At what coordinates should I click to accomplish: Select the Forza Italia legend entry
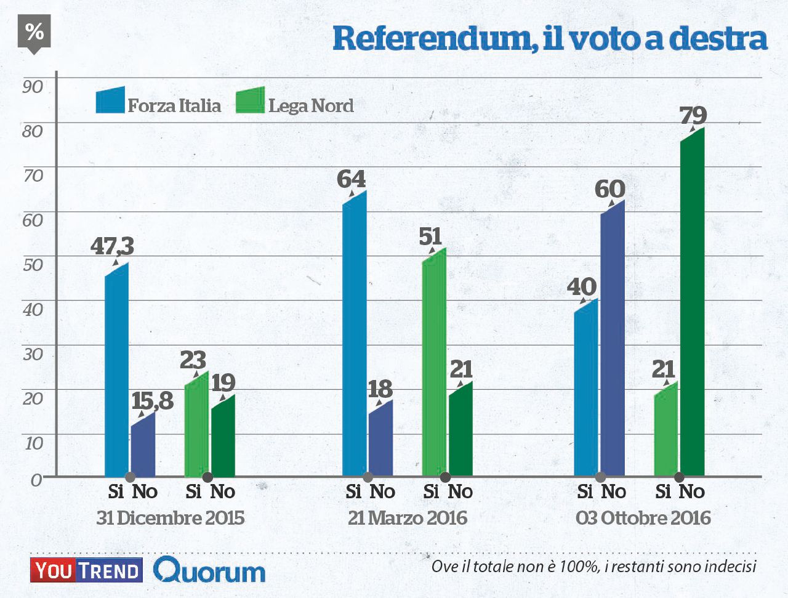point(158,103)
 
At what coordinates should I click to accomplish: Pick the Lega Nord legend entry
point(295,103)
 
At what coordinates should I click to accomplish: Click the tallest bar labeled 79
point(692,302)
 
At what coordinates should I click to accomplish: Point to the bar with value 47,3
point(116,370)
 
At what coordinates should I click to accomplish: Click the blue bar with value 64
point(354,333)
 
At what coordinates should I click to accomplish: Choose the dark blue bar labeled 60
point(613,339)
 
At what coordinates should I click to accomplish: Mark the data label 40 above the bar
point(581,286)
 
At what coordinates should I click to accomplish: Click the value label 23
point(193,360)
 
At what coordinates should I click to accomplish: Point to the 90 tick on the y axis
point(33,86)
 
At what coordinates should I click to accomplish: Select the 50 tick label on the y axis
point(33,265)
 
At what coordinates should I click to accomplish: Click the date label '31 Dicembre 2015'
point(171,518)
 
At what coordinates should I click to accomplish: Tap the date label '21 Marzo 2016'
point(408,518)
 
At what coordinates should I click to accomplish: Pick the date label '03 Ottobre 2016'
point(643,518)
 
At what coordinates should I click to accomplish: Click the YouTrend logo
point(86,570)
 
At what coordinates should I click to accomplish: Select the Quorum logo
point(209,571)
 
